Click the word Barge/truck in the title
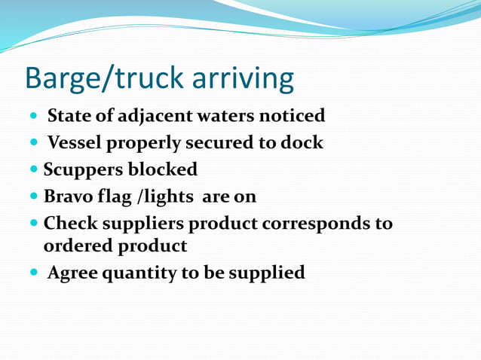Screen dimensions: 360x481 pyautogui.click(x=98, y=78)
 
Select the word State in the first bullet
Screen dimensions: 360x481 pyautogui.click(x=69, y=116)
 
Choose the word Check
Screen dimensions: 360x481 pyautogui.click(x=69, y=224)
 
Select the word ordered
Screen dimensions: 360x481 pyautogui.click(x=77, y=246)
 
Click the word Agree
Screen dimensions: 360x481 pyautogui.click(x=72, y=273)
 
